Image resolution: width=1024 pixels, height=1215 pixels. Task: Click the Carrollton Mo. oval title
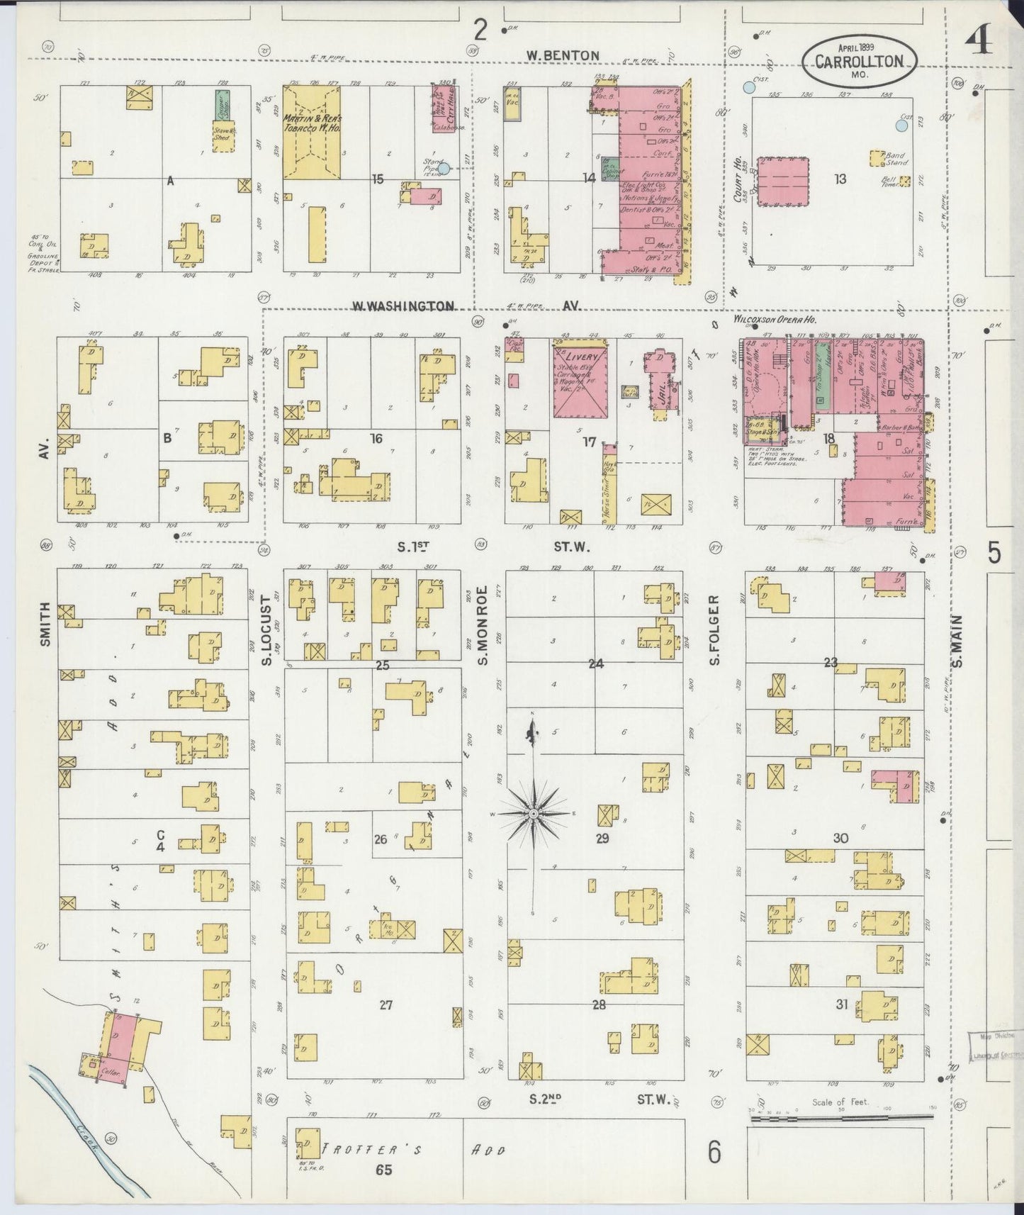859,61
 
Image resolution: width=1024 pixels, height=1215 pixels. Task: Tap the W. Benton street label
563,55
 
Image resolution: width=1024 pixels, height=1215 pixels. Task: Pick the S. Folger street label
715,629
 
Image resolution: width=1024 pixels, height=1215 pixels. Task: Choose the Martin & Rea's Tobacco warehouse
312,133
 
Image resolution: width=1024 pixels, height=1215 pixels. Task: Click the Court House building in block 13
783,182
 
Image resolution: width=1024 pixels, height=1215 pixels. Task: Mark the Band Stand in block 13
879,156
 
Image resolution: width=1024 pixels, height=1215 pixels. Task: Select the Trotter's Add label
411,1149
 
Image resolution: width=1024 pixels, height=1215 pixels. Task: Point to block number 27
386,1004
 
